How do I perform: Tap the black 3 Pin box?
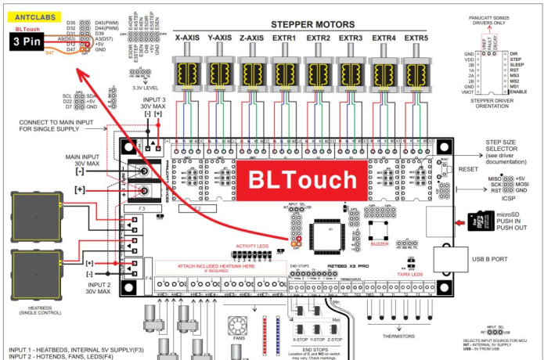coord(28,43)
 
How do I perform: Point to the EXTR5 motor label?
coord(417,38)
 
